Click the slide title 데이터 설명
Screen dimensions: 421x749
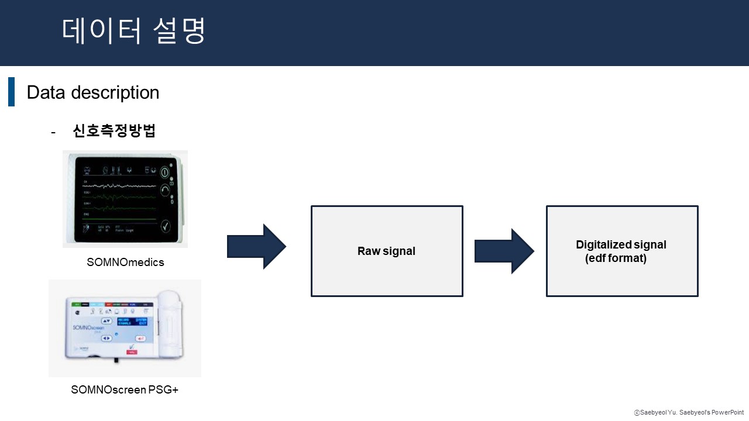pyautogui.click(x=133, y=32)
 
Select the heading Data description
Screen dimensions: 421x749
pyautogui.click(x=92, y=92)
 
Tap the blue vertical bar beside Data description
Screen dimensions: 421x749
pyautogui.click(x=11, y=92)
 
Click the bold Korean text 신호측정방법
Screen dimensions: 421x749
pyautogui.click(x=114, y=131)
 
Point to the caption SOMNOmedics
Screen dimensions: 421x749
pyautogui.click(x=125, y=263)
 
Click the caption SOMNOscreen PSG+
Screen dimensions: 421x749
pyautogui.click(x=125, y=389)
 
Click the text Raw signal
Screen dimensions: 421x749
pyautogui.click(x=386, y=251)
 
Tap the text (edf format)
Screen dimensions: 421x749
pyautogui.click(x=616, y=258)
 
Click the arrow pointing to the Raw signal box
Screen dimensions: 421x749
pyautogui.click(x=256, y=247)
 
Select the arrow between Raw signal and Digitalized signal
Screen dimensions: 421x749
pyautogui.click(x=504, y=251)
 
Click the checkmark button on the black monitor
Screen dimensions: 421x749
pyautogui.click(x=166, y=226)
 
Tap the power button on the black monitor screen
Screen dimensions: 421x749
pyautogui.click(x=166, y=173)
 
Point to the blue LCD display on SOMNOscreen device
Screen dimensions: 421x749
pyautogui.click(x=132, y=322)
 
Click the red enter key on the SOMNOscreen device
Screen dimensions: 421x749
pyautogui.click(x=141, y=338)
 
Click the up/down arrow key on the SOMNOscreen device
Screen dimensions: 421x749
pyautogui.click(x=106, y=321)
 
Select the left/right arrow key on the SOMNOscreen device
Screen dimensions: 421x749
pyautogui.click(x=106, y=337)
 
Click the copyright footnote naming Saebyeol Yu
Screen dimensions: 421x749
pyautogui.click(x=689, y=413)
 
